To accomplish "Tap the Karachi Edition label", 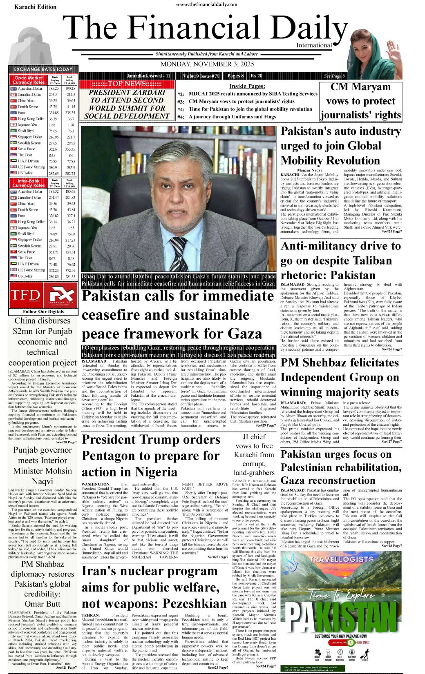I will point(29,7).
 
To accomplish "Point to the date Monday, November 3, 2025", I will point(207,64).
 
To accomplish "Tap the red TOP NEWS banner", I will point(127,84).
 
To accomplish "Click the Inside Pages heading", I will point(247,86).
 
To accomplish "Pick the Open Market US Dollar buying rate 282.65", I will point(54,174).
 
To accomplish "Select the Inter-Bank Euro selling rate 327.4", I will point(71,216).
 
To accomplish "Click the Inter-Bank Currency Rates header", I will point(28,183).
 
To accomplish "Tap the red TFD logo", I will point(25,295).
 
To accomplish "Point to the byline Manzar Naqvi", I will point(309,170).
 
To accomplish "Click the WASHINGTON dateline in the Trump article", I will point(96,484).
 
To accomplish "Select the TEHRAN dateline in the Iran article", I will point(90,615).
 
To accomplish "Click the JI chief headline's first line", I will point(254,437).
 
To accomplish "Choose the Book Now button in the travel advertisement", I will point(339,642).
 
